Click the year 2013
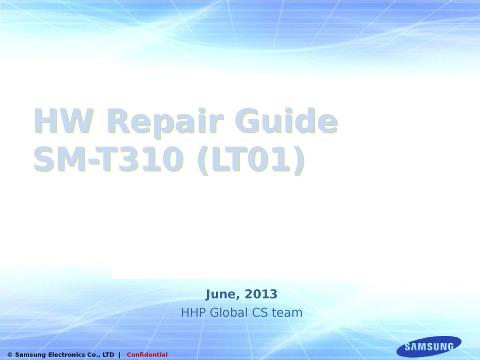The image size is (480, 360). pyautogui.click(x=262, y=294)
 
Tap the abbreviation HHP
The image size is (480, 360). pyautogui.click(x=194, y=313)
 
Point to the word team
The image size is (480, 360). pyautogui.click(x=287, y=313)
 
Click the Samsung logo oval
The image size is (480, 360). pyautogui.click(x=428, y=347)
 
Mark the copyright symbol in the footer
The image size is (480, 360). pyautogui.click(x=10, y=355)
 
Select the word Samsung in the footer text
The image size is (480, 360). pyautogui.click(x=29, y=355)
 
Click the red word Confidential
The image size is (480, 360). pyautogui.click(x=147, y=355)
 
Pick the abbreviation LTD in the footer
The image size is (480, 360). pyautogui.click(x=108, y=355)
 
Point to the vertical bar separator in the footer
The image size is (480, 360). pyautogui.click(x=120, y=355)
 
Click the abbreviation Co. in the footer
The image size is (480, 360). pyautogui.click(x=94, y=355)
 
